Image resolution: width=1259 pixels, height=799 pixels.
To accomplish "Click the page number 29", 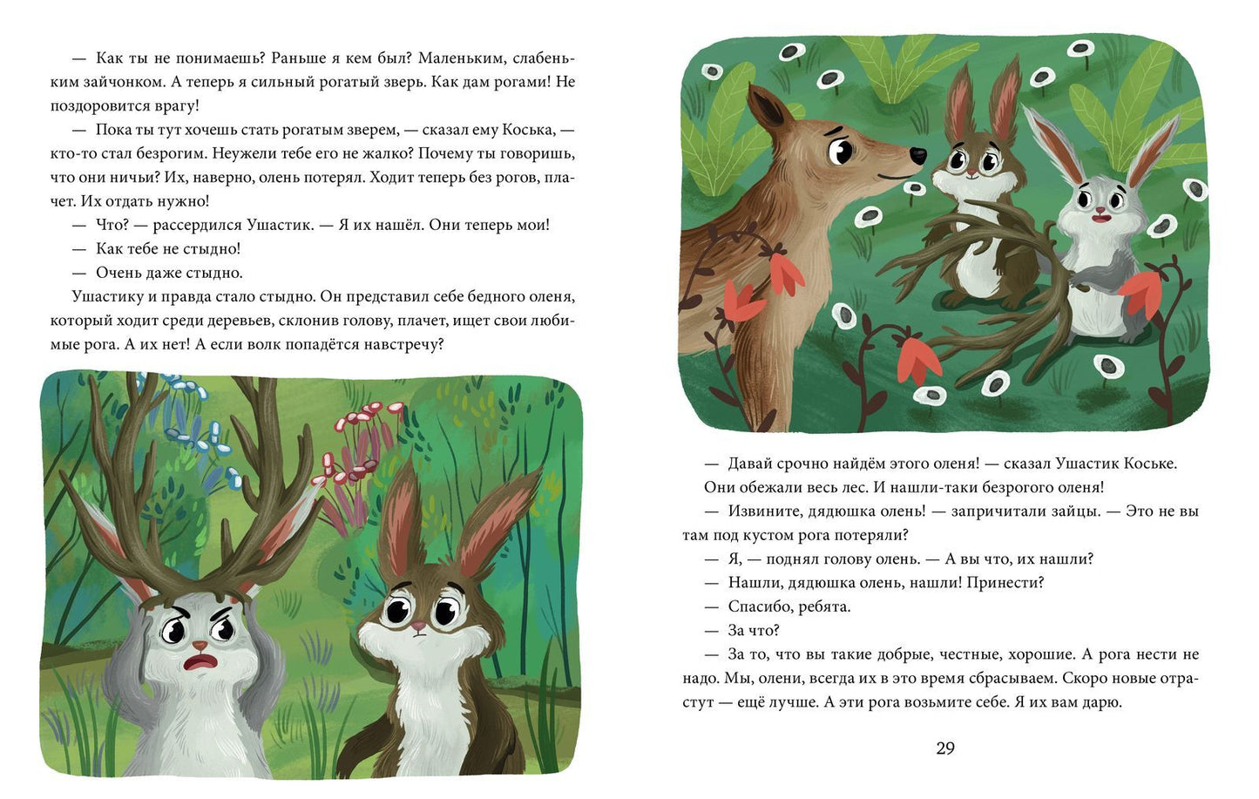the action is tap(945, 748).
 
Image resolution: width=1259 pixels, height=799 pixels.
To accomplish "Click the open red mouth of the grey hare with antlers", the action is tap(195, 663).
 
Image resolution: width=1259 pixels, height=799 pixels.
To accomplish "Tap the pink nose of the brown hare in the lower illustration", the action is tap(417, 626).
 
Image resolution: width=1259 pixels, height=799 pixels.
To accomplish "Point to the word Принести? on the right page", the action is tap(1005, 583).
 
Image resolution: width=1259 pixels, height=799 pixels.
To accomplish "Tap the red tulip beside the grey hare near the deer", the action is tap(1141, 292).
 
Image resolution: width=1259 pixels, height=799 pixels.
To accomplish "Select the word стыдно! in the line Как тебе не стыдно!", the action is tap(211, 248).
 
